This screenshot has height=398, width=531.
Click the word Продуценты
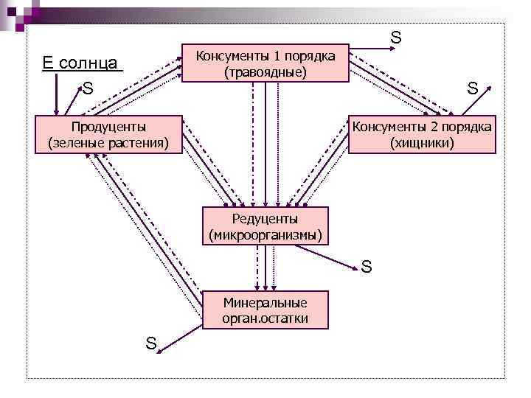coord(108,128)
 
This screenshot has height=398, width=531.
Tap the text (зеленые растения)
coord(108,142)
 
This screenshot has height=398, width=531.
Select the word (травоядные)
coord(265,72)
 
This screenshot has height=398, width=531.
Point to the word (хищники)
coord(423,142)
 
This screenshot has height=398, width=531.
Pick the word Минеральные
coord(265,302)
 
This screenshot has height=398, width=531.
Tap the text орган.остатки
coord(265,318)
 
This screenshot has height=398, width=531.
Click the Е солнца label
coord(82,62)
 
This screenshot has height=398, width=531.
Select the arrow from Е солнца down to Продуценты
coord(55,93)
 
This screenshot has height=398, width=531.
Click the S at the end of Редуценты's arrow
coord(367,266)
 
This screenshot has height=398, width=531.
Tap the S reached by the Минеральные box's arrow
coord(150,343)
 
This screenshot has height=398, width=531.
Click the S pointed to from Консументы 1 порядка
coord(395,37)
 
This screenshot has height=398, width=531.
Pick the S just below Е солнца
coord(88,89)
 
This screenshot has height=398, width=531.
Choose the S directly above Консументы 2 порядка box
coord(472,89)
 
